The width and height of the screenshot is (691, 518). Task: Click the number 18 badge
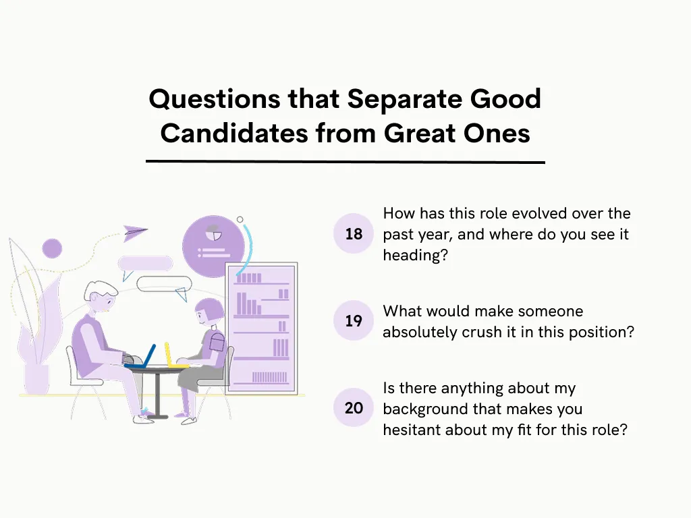tap(354, 234)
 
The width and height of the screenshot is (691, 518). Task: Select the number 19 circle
tap(354, 321)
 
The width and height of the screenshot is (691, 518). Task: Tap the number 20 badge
tap(354, 407)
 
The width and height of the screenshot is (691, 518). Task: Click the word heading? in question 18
tap(415, 256)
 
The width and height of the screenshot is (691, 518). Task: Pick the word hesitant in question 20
tap(415, 430)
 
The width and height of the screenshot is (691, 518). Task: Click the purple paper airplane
tap(135, 233)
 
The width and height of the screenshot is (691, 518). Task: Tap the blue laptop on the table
tap(142, 357)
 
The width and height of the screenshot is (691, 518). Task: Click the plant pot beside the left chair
tap(36, 378)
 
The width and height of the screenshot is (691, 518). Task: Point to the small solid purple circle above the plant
tap(52, 248)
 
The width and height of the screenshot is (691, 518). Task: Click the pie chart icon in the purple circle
tap(215, 233)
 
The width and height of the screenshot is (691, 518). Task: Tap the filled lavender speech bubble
tap(145, 263)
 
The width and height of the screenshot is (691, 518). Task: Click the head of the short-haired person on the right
tap(209, 312)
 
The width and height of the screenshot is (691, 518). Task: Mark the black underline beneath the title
tap(345, 162)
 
